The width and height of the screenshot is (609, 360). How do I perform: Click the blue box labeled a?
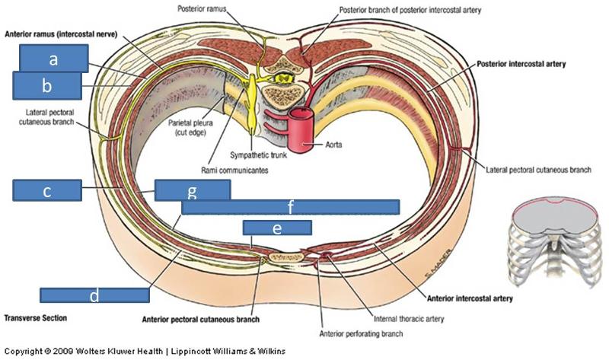[x=53, y=58]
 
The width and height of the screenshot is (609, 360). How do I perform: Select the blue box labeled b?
[x=46, y=85]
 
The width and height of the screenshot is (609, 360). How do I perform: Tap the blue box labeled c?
[x=47, y=190]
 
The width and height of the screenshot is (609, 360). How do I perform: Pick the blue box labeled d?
[x=94, y=295]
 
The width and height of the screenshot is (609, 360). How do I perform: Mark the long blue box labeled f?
[x=291, y=206]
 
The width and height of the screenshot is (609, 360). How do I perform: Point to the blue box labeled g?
[x=193, y=190]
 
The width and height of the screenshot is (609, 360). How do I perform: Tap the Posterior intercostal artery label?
[x=521, y=65]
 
